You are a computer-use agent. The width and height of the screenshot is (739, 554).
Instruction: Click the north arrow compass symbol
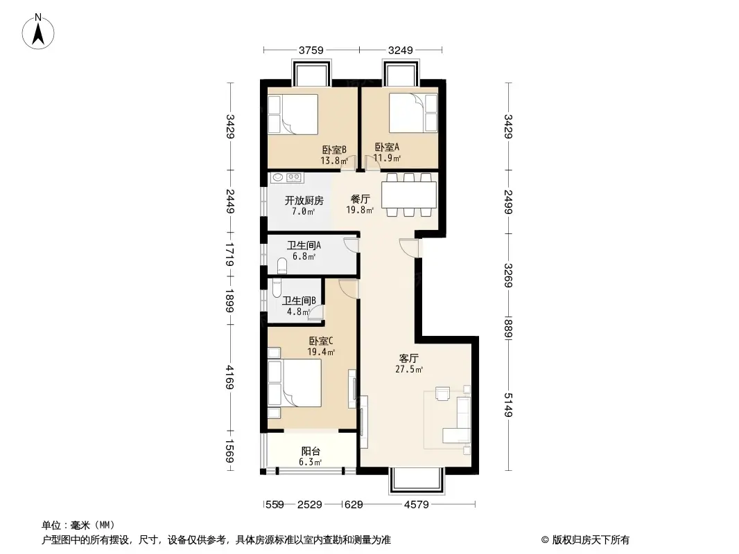click(x=37, y=32)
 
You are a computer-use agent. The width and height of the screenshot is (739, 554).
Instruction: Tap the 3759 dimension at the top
click(x=311, y=50)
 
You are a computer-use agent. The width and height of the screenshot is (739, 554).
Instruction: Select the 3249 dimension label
click(x=401, y=50)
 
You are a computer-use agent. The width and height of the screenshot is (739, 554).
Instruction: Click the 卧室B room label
click(x=334, y=150)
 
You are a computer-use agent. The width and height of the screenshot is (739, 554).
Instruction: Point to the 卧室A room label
click(x=387, y=147)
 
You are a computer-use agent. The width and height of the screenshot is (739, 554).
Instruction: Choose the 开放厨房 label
click(x=304, y=201)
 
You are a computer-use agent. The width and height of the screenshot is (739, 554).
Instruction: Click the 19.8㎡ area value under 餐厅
click(x=360, y=210)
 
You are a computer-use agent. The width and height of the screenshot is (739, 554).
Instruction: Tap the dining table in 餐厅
click(x=409, y=195)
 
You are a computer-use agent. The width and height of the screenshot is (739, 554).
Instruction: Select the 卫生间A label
click(x=304, y=245)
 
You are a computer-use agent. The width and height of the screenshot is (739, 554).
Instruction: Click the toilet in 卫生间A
click(x=282, y=265)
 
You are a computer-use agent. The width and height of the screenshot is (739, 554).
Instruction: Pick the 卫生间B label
click(x=299, y=301)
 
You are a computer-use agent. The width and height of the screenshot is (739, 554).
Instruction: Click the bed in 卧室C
click(x=295, y=383)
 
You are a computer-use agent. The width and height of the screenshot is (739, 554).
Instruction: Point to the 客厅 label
click(x=408, y=359)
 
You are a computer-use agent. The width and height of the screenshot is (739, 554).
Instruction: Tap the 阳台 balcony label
click(x=311, y=452)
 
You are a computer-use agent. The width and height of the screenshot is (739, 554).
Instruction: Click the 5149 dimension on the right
click(x=508, y=405)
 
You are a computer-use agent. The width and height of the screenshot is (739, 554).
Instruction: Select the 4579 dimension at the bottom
click(x=417, y=505)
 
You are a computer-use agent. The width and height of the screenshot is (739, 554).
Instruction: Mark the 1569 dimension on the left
click(x=229, y=451)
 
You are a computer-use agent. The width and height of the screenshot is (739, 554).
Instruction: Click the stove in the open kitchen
click(x=294, y=177)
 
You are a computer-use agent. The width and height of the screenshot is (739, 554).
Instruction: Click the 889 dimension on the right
click(x=508, y=328)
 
